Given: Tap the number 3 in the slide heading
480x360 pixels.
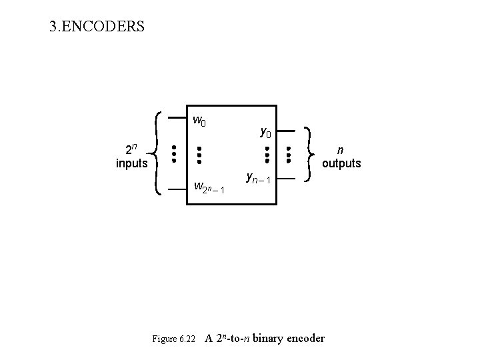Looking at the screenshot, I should (53, 27).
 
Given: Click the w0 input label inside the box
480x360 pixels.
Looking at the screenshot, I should (199, 121).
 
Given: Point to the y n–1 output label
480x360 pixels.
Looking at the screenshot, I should (257, 179).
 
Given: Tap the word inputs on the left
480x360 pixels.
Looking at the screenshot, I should (131, 163).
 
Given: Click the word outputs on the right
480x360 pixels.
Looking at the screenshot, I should (341, 163).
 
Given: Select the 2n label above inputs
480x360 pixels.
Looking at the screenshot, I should (132, 148).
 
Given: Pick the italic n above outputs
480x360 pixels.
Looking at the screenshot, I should (341, 149).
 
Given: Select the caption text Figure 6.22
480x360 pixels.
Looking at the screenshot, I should (173, 339).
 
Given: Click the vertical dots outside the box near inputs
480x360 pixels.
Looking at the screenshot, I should (173, 153).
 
